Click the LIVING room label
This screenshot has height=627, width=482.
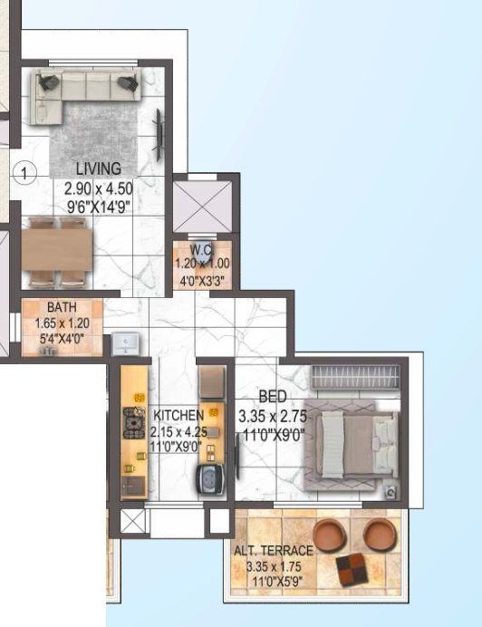[x=99, y=169]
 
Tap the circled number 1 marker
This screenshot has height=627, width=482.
[x=24, y=173]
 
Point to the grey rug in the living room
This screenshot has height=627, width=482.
[x=93, y=139]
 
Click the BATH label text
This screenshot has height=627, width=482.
[x=62, y=307]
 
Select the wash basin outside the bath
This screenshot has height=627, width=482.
[x=126, y=343]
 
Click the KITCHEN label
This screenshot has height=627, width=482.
[x=178, y=416]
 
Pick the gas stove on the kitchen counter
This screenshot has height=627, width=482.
[x=133, y=422]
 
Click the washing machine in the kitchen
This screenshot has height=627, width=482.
[x=210, y=479]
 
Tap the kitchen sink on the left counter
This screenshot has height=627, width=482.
[x=133, y=487]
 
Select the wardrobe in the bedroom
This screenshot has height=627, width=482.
[x=355, y=377]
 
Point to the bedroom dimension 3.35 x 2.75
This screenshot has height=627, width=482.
[x=273, y=416]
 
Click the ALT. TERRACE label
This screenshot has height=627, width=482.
[x=274, y=551]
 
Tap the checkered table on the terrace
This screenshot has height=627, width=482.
[x=352, y=569]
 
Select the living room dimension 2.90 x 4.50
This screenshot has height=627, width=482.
[x=99, y=188]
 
